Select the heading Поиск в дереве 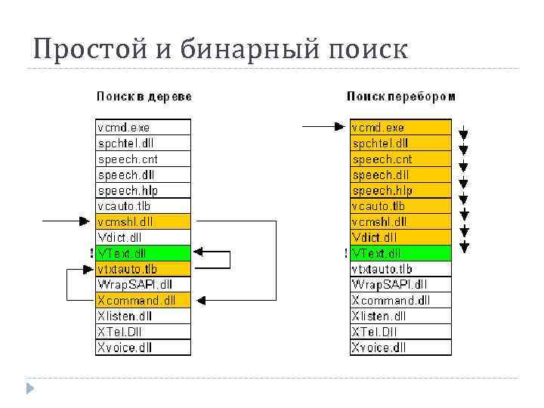[144, 96]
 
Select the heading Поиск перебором [401, 96]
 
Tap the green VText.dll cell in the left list [144, 253]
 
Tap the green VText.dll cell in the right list [400, 253]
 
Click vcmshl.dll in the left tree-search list [144, 221]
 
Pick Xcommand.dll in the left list [144, 300]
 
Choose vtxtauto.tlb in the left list [144, 269]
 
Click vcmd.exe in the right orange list [400, 128]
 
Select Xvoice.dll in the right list [400, 348]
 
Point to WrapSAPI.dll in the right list [400, 285]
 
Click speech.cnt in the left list [144, 159]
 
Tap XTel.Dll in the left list [144, 332]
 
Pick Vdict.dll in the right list [400, 237]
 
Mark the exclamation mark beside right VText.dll [346, 253]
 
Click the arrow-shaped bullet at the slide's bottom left [31, 389]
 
